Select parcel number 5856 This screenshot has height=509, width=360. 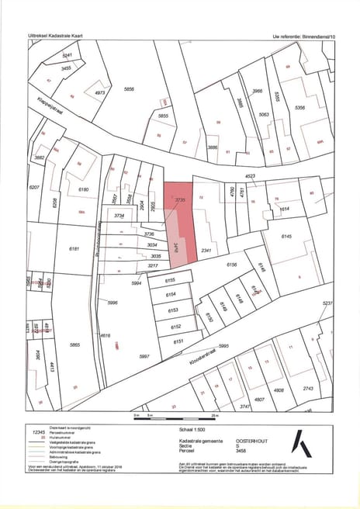129,90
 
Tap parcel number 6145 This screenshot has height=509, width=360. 286,236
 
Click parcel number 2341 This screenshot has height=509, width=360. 206,251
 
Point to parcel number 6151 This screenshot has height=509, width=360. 178,341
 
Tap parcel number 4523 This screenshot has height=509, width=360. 251,176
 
